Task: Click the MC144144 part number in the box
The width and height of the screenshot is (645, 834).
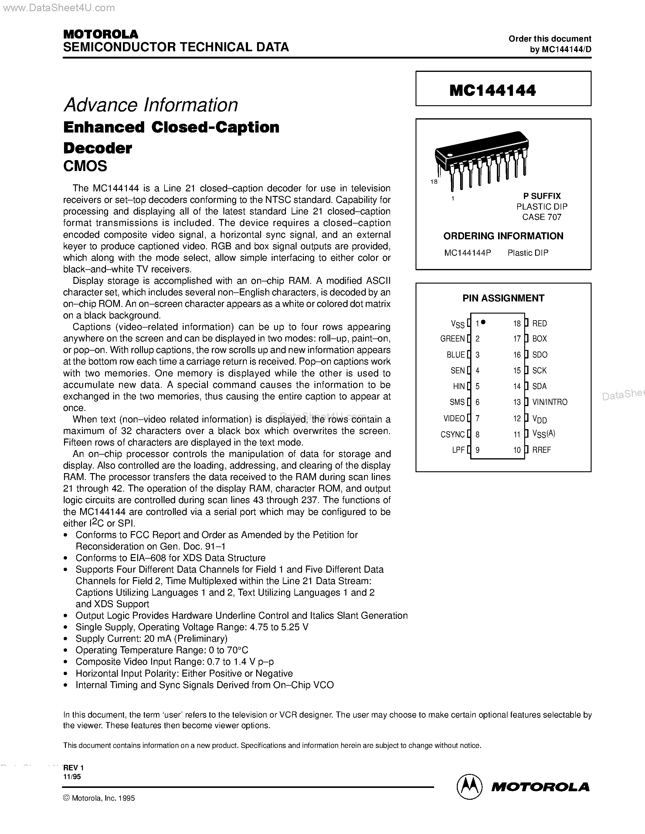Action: pos(493,90)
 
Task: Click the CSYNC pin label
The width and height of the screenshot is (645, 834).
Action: pos(453,434)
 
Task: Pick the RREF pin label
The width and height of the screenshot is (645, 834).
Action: pos(541,450)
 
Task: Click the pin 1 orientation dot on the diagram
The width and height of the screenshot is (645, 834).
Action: pos(483,322)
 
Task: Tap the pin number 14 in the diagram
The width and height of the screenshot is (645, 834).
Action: pos(517,386)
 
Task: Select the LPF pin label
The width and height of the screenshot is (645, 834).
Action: pos(458,450)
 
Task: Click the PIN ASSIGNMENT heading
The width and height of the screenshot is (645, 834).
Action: pos(503,298)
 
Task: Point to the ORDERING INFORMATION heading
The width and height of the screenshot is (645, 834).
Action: pos(503,236)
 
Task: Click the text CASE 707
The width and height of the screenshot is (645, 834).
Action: pos(542,217)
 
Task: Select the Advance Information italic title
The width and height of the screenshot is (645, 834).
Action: pos(151,105)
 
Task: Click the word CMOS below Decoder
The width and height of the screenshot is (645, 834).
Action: pos(85,166)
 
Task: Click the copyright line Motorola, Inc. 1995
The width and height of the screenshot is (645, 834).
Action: pos(99,798)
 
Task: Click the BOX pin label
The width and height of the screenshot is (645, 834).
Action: pos(539,339)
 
